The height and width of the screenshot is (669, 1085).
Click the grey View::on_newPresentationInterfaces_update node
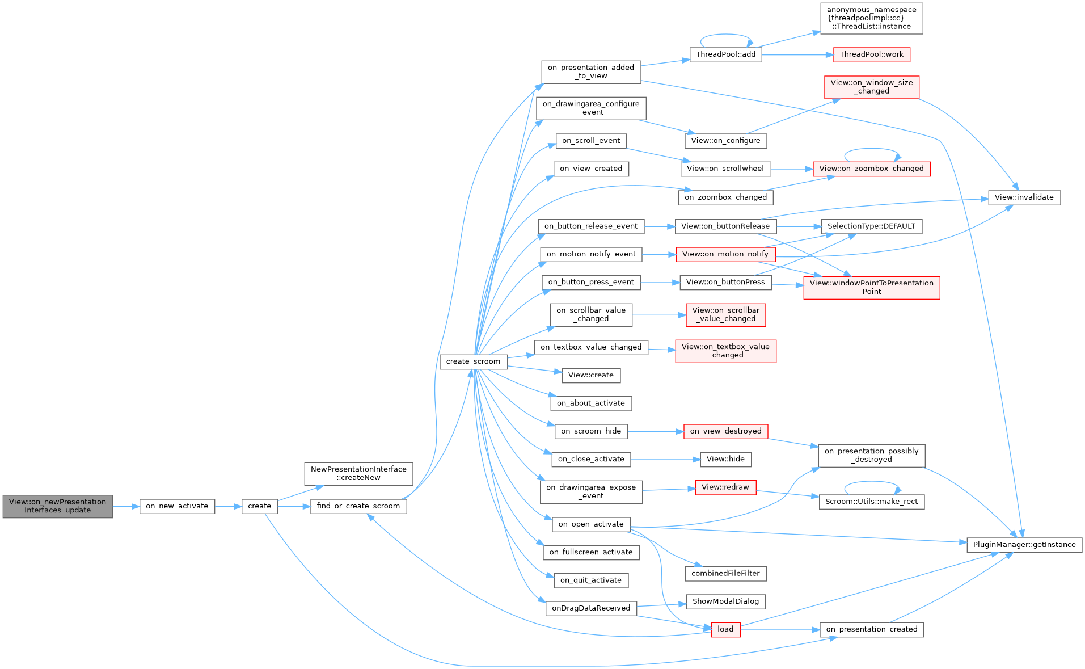point(57,506)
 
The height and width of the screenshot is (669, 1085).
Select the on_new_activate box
point(177,506)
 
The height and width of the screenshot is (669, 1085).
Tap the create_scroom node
point(473,361)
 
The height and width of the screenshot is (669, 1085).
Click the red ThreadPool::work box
point(871,54)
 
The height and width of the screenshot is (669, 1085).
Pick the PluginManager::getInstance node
point(1024,545)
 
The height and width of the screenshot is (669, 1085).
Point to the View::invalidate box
point(1024,197)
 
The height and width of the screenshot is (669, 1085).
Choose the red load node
point(725,629)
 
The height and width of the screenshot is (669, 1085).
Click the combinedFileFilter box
point(725,574)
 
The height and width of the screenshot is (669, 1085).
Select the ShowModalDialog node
point(725,601)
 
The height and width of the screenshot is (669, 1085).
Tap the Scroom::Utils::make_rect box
point(871,502)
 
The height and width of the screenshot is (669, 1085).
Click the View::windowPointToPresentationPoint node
point(871,287)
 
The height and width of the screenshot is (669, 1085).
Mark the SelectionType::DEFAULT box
point(871,226)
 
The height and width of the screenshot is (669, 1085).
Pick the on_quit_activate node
point(590,580)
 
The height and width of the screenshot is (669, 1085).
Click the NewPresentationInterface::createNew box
point(358,474)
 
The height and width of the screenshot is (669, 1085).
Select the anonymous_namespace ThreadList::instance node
point(871,18)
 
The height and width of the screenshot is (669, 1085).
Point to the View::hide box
point(725,459)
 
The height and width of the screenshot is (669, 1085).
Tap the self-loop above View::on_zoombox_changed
point(872,150)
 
